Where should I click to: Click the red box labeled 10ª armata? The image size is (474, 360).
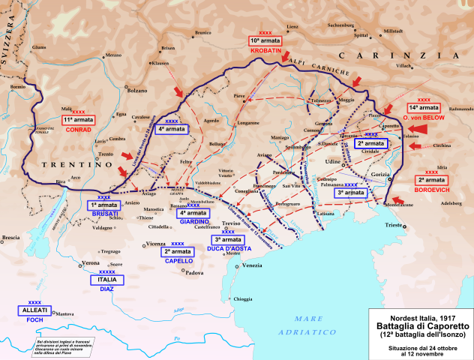[265, 41]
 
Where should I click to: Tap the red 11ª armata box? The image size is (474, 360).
[79, 118]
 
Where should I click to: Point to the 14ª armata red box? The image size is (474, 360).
[424, 107]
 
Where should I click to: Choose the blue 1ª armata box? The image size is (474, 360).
[104, 205]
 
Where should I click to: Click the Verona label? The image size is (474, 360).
[91, 263]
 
